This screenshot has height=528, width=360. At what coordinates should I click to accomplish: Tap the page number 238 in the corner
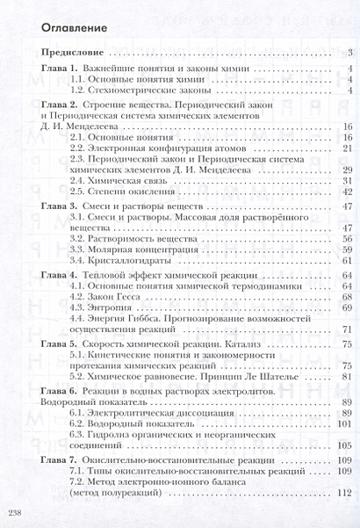pyautogui.click(x=15, y=511)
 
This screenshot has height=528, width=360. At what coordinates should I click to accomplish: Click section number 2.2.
pyautogui.click(x=80, y=148)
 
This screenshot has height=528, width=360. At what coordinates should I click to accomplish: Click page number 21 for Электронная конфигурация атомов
pyautogui.click(x=348, y=148)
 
